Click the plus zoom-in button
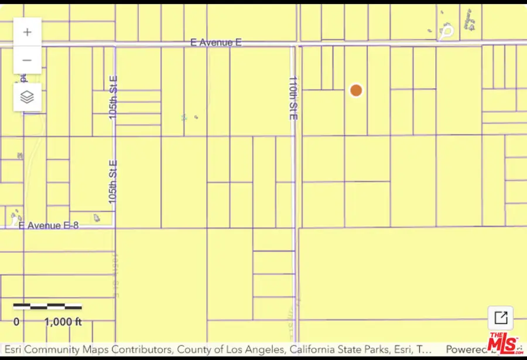point(28,32)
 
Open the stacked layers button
point(28,97)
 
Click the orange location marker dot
point(356,90)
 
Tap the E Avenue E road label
point(216,43)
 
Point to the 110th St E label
point(293,98)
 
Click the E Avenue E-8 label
point(49,225)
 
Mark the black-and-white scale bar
point(47,306)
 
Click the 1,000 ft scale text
point(63,321)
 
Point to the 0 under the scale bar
point(16,321)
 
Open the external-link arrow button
point(501,318)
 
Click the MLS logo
point(504,342)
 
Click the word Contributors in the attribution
point(141,350)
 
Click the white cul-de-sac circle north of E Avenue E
point(447,31)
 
